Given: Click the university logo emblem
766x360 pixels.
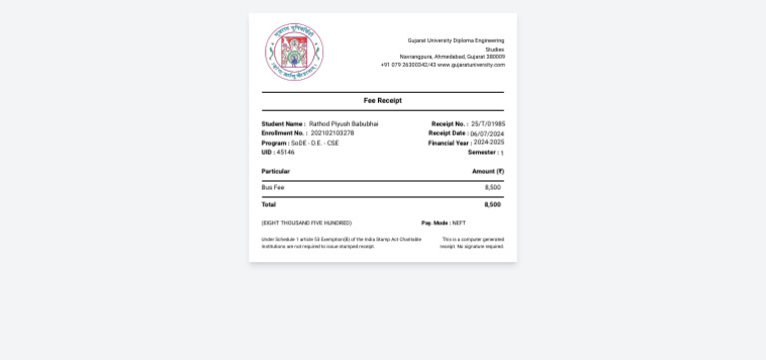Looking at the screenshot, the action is point(294,52).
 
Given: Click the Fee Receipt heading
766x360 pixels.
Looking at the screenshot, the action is point(383,101).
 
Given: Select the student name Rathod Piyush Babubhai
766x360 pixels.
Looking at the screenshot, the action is point(343,124).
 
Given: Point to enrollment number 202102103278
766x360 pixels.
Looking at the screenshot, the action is point(332,133).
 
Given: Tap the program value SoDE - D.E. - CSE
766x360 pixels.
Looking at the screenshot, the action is point(315,143).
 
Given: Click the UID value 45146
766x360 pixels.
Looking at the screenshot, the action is point(285,153).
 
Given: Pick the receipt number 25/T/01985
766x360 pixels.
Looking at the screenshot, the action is point(488,124).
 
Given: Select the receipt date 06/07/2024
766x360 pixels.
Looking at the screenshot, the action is point(487,134).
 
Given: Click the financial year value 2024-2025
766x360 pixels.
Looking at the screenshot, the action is point(489,143).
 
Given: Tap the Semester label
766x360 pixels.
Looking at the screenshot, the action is point(483,153).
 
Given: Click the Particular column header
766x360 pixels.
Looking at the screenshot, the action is point(275,172).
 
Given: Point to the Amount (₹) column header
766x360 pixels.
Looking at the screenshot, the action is point(488,172).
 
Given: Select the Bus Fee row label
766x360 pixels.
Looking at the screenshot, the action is point(272,187).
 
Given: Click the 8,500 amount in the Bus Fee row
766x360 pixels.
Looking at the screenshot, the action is point(493,187).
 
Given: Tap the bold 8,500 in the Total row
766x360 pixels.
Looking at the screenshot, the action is point(493,204).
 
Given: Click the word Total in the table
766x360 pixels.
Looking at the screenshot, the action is point(268,204).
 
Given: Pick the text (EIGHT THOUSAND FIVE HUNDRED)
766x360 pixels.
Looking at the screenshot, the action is point(306,223).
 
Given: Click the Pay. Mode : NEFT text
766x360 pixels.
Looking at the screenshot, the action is point(443,223).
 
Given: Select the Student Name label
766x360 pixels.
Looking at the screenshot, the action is point(283,124).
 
